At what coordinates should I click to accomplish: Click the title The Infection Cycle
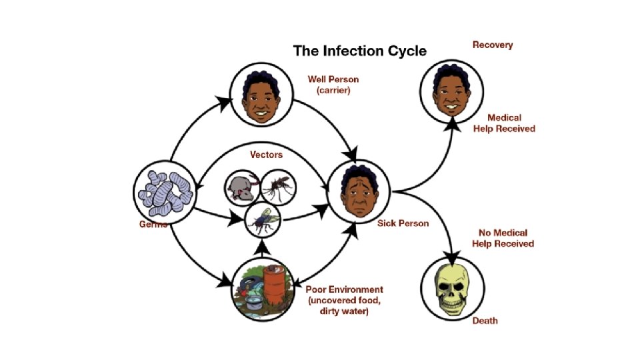click(360, 51)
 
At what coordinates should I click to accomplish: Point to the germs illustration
click(163, 193)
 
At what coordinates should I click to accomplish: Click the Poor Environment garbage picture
click(261, 291)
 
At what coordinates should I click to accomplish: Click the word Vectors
click(266, 155)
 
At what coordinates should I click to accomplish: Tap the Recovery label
click(493, 45)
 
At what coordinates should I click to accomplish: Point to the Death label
click(485, 321)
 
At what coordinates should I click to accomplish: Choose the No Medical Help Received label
click(503, 239)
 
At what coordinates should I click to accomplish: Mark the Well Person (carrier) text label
click(333, 85)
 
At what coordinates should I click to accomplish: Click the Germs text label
click(148, 225)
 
